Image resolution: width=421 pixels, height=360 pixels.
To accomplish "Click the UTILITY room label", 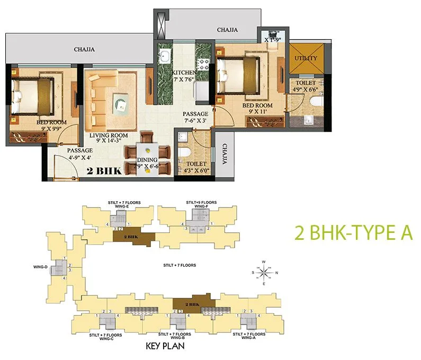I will tap(306, 58).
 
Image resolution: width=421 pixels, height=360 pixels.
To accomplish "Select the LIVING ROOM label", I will tap(109, 136).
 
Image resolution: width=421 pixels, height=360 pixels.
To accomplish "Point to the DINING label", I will tap(147, 160).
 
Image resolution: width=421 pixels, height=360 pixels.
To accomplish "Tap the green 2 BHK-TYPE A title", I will tap(353, 233).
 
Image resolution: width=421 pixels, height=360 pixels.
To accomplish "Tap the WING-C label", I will tap(106, 338).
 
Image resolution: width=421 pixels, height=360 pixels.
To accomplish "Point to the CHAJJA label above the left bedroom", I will tap(85, 50).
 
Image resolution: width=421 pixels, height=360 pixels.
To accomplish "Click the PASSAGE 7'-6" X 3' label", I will tap(195, 117).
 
